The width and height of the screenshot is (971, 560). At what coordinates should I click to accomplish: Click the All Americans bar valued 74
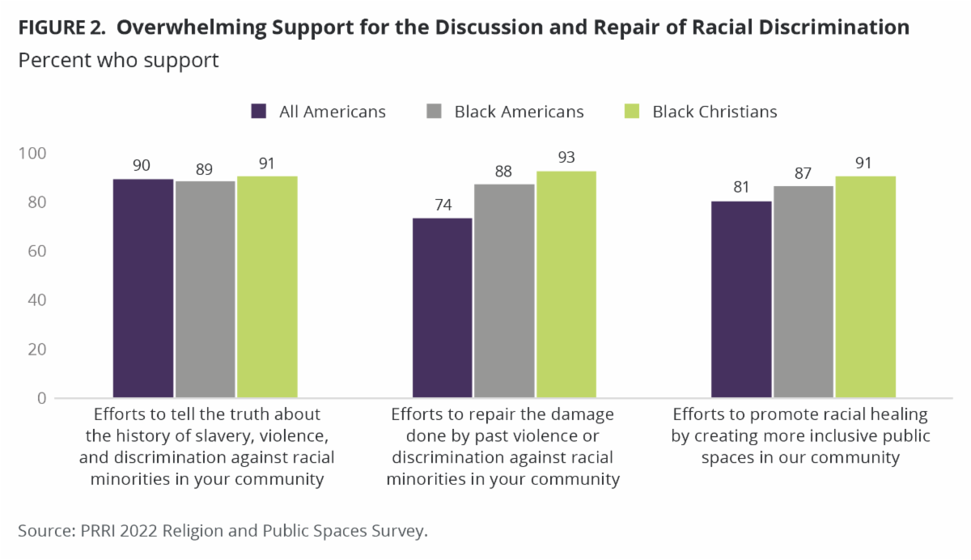pyautogui.click(x=443, y=308)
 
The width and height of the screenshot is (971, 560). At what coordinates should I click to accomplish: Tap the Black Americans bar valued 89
pyautogui.click(x=206, y=290)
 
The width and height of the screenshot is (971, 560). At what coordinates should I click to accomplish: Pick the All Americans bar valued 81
pyautogui.click(x=742, y=299)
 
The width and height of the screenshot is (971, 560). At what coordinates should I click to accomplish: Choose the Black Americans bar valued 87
pyautogui.click(x=804, y=292)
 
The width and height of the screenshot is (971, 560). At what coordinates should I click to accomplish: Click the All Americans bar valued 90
pyautogui.click(x=143, y=289)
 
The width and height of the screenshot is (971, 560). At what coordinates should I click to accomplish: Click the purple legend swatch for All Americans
pyautogui.click(x=259, y=112)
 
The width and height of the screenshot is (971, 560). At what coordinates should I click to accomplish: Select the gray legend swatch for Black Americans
pyautogui.click(x=435, y=112)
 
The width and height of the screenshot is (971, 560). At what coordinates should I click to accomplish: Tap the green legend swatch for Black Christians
pyautogui.click(x=633, y=112)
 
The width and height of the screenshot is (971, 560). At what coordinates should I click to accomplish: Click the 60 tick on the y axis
pyautogui.click(x=36, y=252)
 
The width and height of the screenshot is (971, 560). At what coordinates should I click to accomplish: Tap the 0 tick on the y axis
pyautogui.click(x=40, y=398)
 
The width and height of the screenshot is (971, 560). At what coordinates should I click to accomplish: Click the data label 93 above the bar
pyautogui.click(x=566, y=157)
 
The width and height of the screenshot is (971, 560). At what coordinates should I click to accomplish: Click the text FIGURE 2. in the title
pyautogui.click(x=66, y=28)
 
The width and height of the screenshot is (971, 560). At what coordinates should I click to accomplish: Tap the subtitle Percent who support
pyautogui.click(x=118, y=61)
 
